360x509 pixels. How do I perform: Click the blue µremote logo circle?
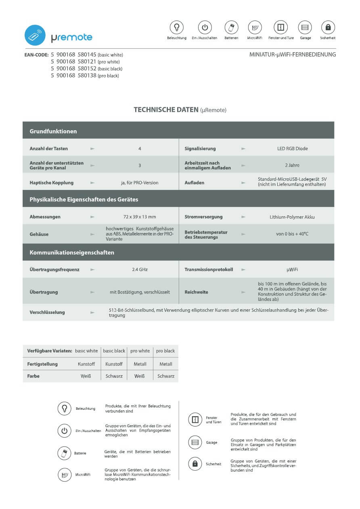[x=35, y=35]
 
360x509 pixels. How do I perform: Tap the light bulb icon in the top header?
[x=176, y=27]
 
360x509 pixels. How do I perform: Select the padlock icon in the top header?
[x=328, y=27]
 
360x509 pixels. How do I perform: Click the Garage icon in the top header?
[x=305, y=27]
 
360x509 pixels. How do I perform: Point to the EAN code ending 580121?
[x=85, y=62]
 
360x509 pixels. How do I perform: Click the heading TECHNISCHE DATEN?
[x=166, y=110]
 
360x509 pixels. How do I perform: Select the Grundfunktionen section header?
[x=53, y=131]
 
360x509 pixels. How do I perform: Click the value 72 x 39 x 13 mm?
[x=140, y=217]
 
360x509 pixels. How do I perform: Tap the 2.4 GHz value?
[x=140, y=269]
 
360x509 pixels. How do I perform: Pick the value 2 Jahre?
[x=292, y=165]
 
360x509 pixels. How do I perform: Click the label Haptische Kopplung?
[x=52, y=182]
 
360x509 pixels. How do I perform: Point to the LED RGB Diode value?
[x=292, y=148]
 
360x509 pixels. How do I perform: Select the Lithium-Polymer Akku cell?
[x=292, y=217]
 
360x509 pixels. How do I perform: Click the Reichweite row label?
[x=197, y=292]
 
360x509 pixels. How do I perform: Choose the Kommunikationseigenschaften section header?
[x=72, y=252]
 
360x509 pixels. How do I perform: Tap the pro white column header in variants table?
[x=140, y=351]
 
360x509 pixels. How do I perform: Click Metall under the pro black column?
[x=166, y=364]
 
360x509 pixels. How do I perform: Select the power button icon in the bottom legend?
[x=65, y=430]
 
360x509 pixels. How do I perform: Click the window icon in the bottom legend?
[x=195, y=420]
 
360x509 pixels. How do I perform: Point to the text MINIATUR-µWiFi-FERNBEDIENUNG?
[x=293, y=54]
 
